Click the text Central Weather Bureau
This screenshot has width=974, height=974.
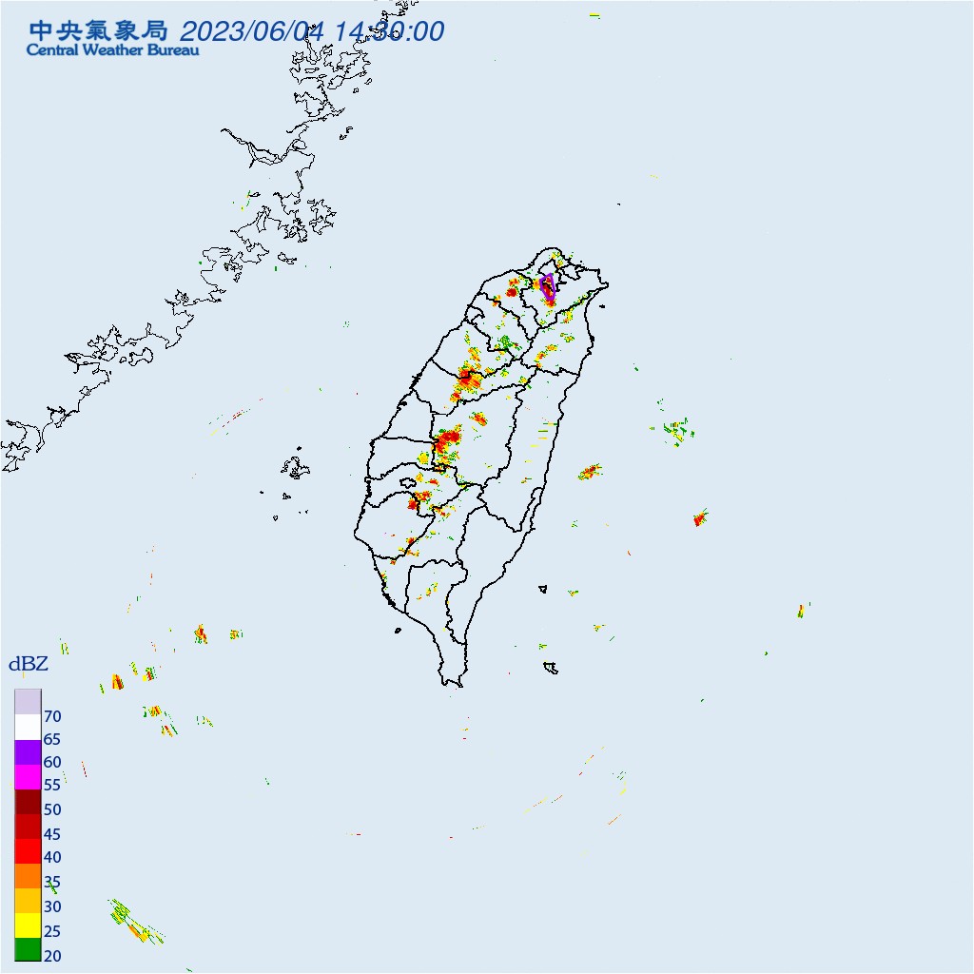tap(113, 49)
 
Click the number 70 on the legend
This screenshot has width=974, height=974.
tap(52, 716)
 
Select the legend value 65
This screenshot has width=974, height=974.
tap(52, 739)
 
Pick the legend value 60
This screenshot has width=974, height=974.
tap(52, 762)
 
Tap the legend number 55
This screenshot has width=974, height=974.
tap(52, 786)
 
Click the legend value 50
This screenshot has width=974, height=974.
tap(52, 809)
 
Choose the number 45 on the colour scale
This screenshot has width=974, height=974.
tap(52, 834)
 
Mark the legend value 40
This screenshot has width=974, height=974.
tap(52, 858)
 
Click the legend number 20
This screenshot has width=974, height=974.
tap(52, 955)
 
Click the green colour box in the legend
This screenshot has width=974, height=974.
tap(28, 948)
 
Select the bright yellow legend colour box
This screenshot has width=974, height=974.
tap(28, 924)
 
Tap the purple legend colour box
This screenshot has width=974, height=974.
tap(28, 751)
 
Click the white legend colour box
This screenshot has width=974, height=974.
tap(28, 727)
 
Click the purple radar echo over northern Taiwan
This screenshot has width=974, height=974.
tap(548, 285)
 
